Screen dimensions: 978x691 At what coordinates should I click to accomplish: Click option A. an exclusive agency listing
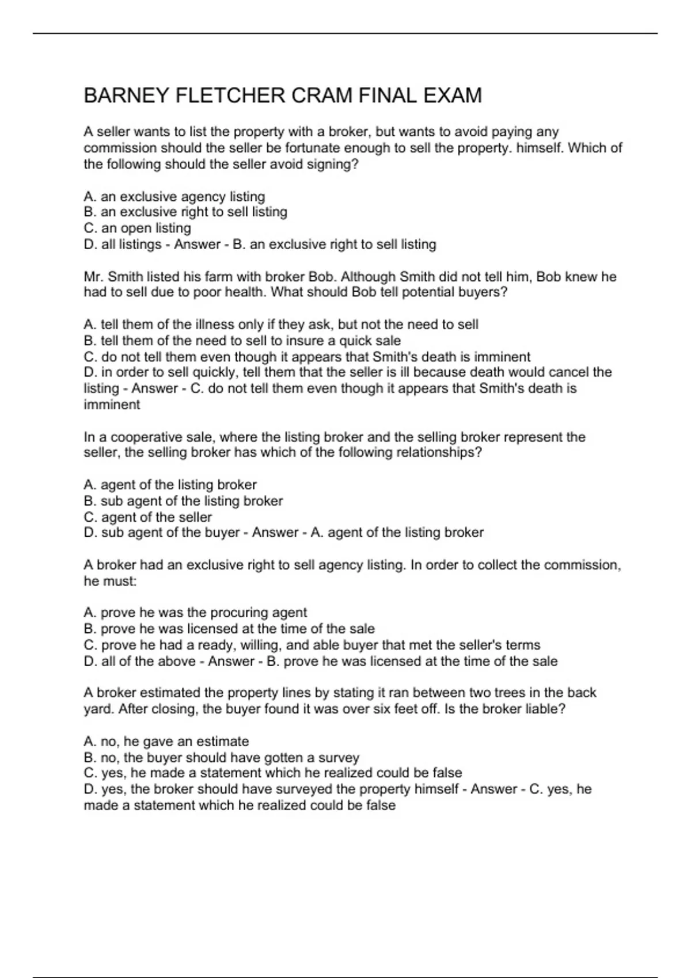point(174,197)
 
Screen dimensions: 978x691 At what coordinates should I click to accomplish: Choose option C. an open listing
point(138,228)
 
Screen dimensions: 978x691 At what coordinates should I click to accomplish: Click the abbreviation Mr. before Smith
point(93,277)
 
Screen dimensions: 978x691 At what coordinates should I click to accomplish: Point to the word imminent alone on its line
point(112,404)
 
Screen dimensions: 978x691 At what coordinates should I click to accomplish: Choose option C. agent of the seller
point(148,517)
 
